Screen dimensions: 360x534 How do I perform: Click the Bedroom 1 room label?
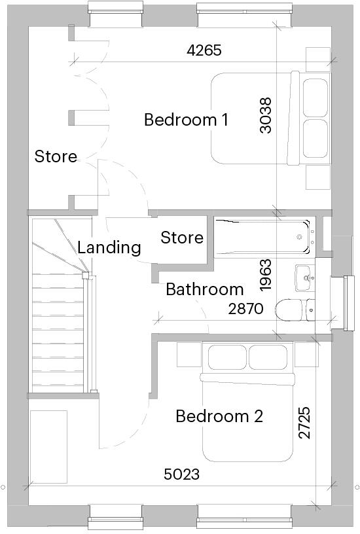click(186, 120)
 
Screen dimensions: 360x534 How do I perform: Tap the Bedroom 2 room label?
click(219, 416)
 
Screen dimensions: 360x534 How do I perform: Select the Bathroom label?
click(205, 289)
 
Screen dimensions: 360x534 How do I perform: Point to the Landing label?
click(109, 247)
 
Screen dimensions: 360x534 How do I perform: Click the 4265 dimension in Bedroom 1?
click(204, 50)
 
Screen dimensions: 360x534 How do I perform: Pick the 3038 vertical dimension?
click(265, 115)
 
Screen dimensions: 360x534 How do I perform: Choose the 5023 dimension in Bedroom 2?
click(181, 474)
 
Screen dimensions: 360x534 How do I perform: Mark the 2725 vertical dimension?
click(304, 422)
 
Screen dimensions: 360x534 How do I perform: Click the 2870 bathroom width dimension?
click(245, 308)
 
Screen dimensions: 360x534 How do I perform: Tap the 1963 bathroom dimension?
click(265, 275)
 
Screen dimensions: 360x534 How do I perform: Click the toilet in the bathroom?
click(295, 310)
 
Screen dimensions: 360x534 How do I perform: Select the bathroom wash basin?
click(305, 278)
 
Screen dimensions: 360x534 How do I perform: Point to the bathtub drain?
click(299, 237)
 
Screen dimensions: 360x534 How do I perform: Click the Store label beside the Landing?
click(182, 238)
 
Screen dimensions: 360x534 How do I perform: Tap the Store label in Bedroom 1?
click(56, 156)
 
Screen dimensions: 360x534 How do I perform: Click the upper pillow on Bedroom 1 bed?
click(315, 98)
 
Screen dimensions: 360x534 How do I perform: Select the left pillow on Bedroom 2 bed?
click(227, 357)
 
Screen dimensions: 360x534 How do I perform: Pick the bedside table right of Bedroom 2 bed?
click(306, 355)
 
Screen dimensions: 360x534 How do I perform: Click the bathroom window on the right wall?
click(347, 303)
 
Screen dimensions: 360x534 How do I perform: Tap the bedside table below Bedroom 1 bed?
click(318, 177)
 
